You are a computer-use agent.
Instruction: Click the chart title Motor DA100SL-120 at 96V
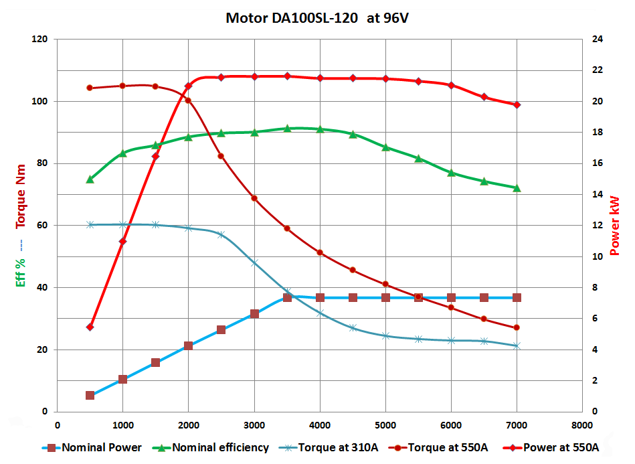point(317,17)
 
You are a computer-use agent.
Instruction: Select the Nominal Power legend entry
point(100,447)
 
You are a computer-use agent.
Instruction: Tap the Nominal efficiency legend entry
point(220,447)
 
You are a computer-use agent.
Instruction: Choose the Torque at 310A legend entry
point(336,447)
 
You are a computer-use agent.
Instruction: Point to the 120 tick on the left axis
point(39,40)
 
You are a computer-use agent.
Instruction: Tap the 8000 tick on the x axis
point(581,425)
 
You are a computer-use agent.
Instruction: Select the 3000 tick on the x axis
point(254,425)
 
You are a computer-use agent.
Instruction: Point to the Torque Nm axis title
point(21,196)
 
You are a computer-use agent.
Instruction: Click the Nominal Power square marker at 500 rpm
point(90,396)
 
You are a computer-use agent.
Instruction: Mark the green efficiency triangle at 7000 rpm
point(517,188)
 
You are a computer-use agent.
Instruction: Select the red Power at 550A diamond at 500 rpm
point(90,327)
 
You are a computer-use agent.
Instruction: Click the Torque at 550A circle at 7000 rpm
point(517,328)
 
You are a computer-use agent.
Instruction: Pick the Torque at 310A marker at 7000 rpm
point(517,346)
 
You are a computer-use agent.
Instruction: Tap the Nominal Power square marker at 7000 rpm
point(517,297)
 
